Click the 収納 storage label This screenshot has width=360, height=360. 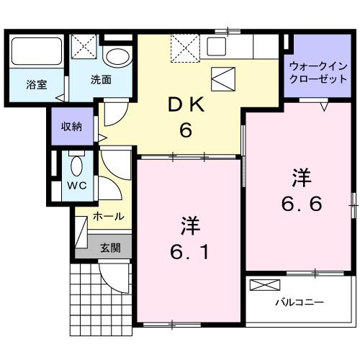(71, 127)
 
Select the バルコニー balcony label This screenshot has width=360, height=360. (298, 302)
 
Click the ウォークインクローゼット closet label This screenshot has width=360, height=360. (318, 72)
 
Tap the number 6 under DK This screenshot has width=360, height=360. (186, 132)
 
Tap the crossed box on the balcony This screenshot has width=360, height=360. (261, 285)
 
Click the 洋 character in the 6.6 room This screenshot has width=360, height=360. (301, 177)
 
